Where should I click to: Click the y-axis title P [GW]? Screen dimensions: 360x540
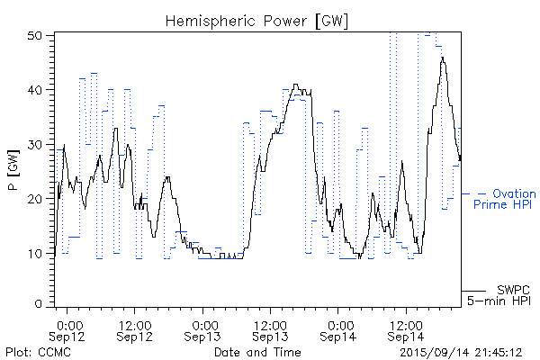13,170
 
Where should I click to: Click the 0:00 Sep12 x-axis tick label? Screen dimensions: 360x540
69,329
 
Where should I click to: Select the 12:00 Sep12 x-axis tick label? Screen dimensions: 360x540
135,329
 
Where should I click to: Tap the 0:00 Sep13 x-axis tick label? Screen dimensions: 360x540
204,329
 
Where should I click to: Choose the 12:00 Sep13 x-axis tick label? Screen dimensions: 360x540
270,329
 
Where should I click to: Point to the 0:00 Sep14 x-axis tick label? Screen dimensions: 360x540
339,329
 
